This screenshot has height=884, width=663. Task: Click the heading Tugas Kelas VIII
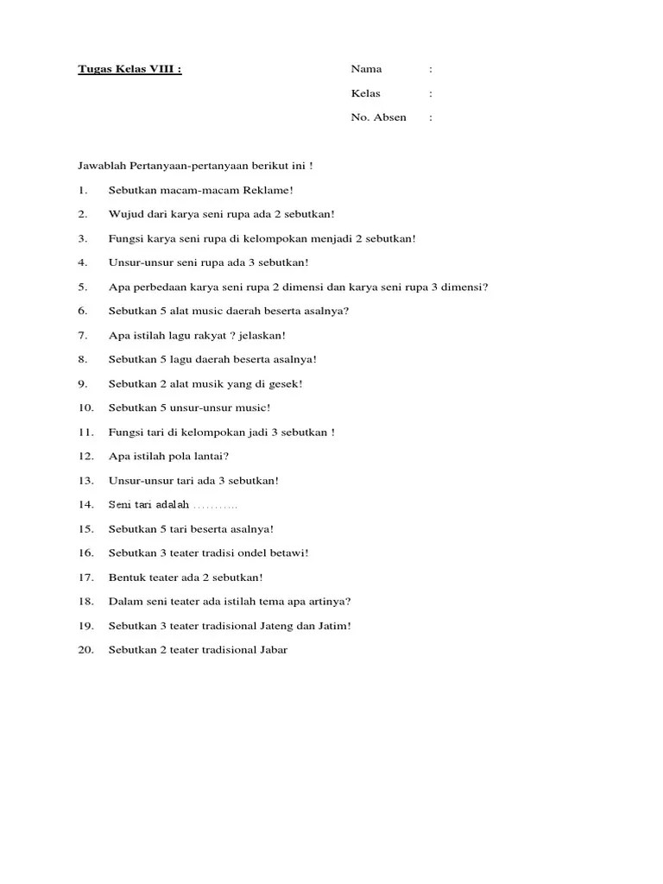click(129, 69)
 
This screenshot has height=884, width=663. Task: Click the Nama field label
click(366, 69)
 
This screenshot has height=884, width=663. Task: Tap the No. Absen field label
click(378, 117)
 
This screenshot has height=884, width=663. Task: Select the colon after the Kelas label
click(431, 93)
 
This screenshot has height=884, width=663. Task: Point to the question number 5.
click(82, 287)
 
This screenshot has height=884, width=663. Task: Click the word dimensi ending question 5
click(466, 287)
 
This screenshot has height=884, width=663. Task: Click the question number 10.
click(85, 407)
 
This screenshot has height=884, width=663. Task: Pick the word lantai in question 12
click(211, 456)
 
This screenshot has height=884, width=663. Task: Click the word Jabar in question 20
click(273, 649)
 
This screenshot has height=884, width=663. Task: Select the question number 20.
click(85, 649)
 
